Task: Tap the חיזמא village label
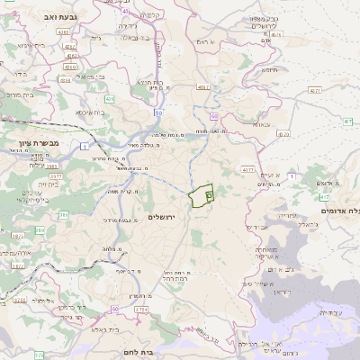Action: (269, 70)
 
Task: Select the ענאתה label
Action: (261, 124)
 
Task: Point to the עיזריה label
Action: (285, 215)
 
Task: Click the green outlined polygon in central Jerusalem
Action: (202, 193)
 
